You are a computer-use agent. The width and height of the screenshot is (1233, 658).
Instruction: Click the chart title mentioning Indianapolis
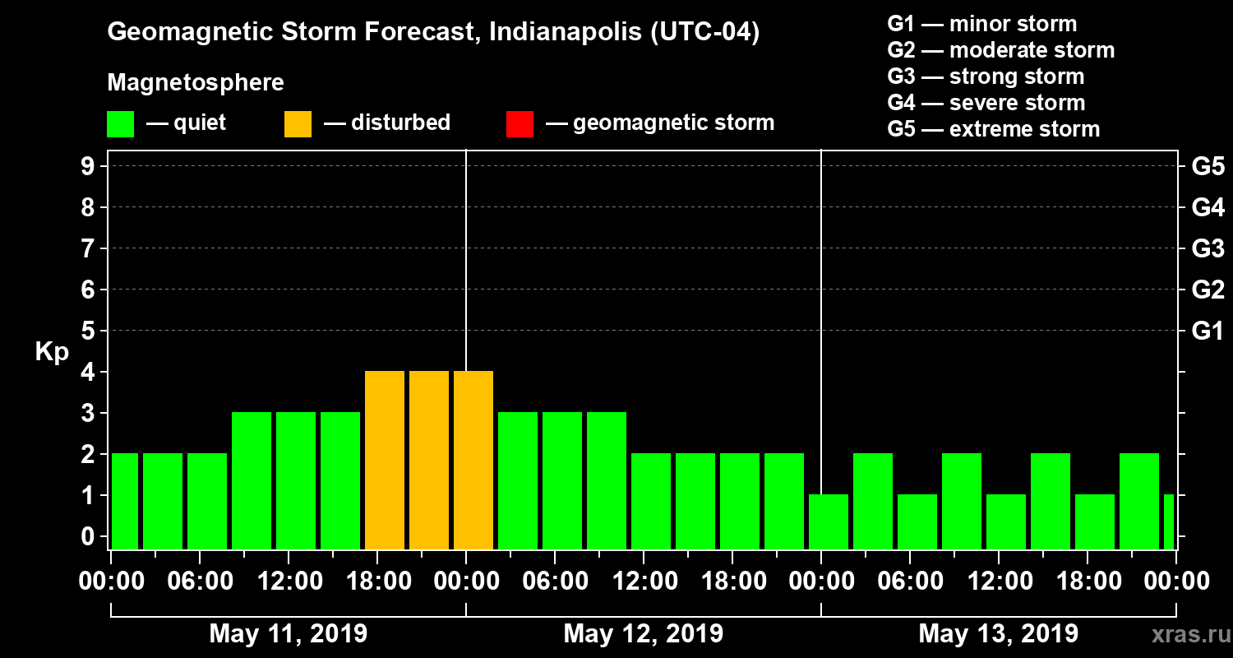click(x=433, y=33)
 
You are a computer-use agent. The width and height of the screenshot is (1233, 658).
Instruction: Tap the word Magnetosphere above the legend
click(x=196, y=83)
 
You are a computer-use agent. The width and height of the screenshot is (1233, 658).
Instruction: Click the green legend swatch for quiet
click(x=120, y=124)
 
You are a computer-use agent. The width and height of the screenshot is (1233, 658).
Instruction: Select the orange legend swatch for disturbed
click(x=298, y=124)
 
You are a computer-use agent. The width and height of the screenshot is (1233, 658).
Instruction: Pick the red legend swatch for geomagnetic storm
click(x=520, y=124)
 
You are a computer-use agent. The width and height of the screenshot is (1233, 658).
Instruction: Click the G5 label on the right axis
click(x=1208, y=167)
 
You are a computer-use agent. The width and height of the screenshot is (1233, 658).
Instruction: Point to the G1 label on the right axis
click(x=1208, y=331)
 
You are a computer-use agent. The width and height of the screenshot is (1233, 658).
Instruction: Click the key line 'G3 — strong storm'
click(x=986, y=76)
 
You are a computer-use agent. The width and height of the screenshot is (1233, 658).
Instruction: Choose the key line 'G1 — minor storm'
click(x=981, y=24)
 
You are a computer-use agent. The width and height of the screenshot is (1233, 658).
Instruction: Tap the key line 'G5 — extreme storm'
click(x=993, y=129)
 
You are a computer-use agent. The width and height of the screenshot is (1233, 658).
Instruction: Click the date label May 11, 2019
click(x=289, y=634)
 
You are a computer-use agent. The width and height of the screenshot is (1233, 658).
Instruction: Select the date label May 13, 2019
click(x=998, y=634)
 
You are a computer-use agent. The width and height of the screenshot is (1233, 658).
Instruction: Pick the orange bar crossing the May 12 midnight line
click(x=473, y=461)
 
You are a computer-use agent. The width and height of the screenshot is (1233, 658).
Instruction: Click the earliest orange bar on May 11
click(x=385, y=461)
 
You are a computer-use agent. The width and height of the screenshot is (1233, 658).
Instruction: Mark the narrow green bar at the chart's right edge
click(x=1169, y=521)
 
